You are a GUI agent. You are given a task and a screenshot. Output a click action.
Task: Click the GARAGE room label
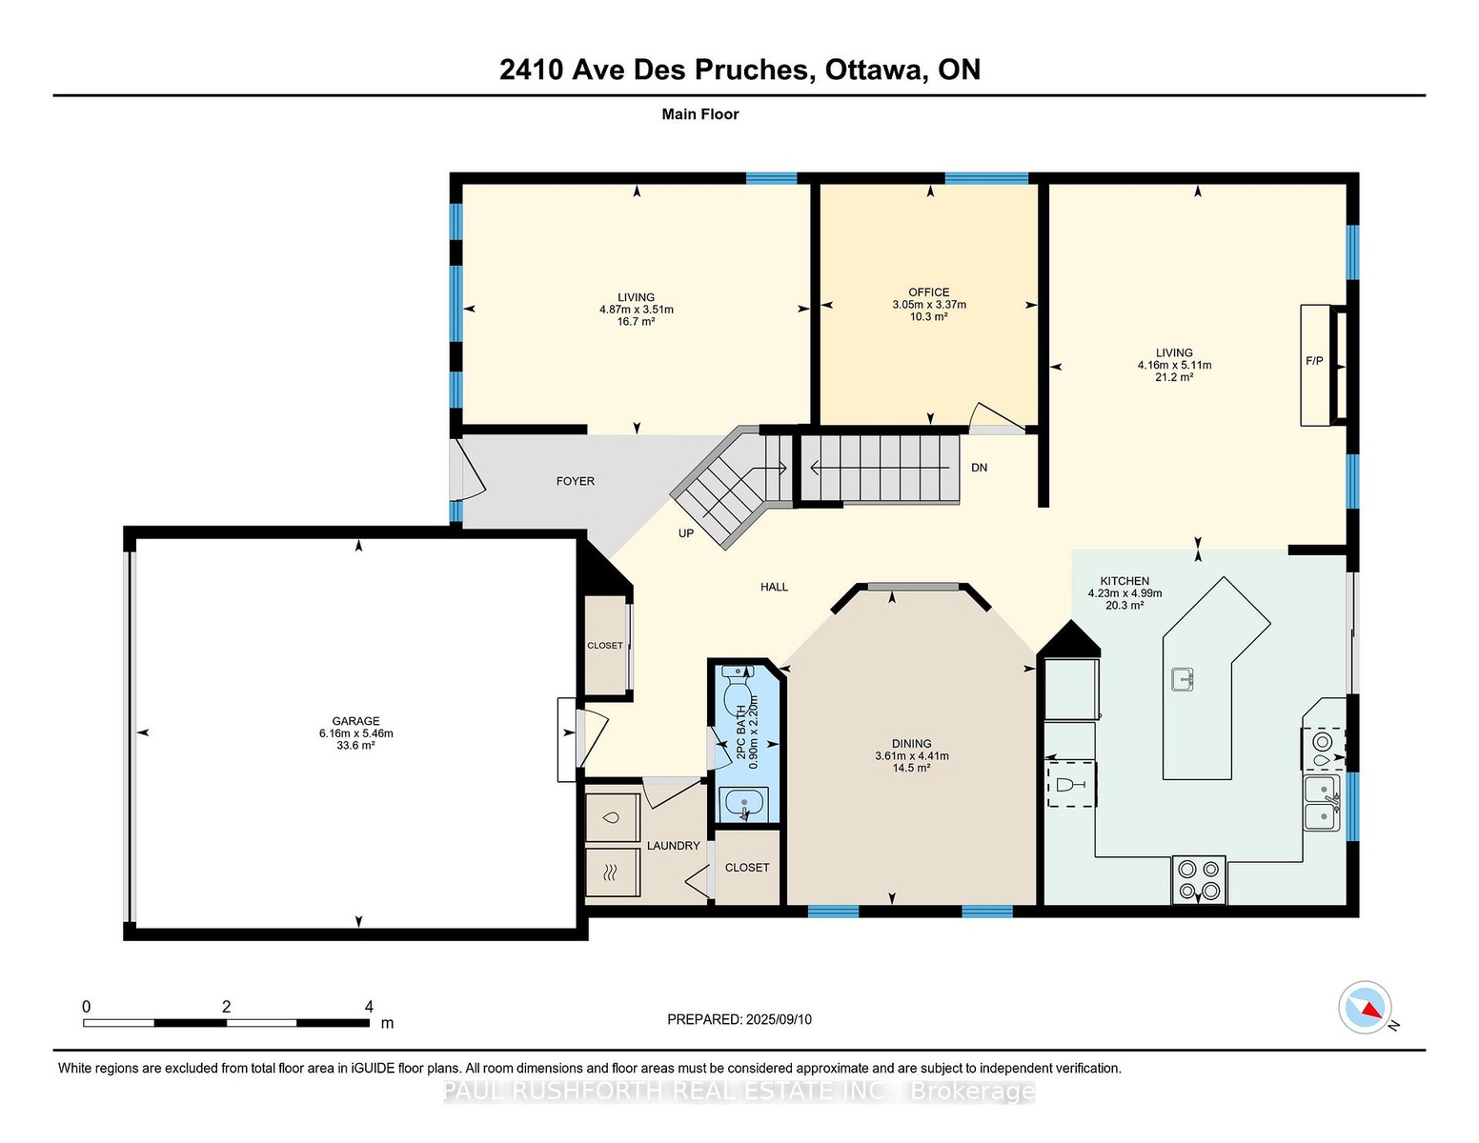(355, 721)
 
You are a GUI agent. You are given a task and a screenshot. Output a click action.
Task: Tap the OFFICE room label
(929, 292)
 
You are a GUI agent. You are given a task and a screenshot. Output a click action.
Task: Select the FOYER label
(576, 481)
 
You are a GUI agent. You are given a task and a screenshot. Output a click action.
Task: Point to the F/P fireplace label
(1314, 361)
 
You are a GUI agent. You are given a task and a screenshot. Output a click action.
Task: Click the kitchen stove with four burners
(1199, 879)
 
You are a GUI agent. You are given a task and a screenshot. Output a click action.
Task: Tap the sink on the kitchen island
(1183, 679)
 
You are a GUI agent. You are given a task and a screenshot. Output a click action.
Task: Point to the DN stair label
(979, 468)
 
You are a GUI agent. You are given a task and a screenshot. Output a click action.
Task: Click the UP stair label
(686, 533)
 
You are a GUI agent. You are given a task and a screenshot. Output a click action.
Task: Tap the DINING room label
(912, 744)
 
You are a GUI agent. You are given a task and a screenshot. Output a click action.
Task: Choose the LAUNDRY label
(673, 846)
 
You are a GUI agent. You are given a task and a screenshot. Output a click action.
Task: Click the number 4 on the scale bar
(369, 1007)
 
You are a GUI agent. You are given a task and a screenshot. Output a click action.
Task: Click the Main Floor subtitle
(700, 114)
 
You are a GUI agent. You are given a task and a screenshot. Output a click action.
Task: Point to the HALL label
(775, 587)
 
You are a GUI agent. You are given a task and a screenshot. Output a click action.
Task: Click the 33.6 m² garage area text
(355, 745)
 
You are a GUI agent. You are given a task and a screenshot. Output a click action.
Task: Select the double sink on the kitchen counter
(1322, 802)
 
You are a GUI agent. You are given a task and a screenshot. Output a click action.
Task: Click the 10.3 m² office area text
(929, 317)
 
